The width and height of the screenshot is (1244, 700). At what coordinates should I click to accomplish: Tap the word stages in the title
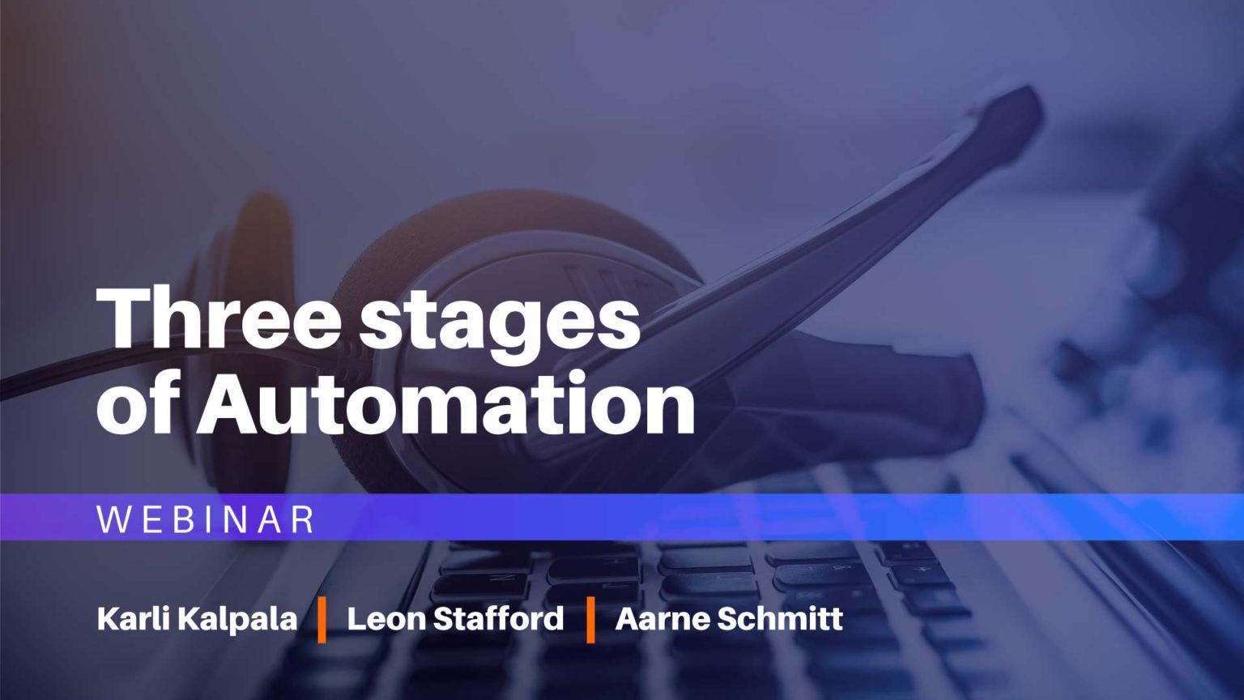[500, 321]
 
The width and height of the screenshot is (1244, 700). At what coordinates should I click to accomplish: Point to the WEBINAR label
[206, 519]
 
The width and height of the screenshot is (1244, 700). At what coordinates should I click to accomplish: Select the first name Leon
[386, 619]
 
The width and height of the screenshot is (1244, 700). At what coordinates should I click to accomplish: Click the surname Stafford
[498, 619]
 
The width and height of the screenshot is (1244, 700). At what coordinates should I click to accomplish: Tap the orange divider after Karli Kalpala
[322, 619]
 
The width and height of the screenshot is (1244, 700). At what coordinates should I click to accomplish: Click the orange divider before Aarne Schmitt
[590, 619]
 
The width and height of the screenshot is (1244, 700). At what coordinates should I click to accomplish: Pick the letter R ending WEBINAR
[302, 519]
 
